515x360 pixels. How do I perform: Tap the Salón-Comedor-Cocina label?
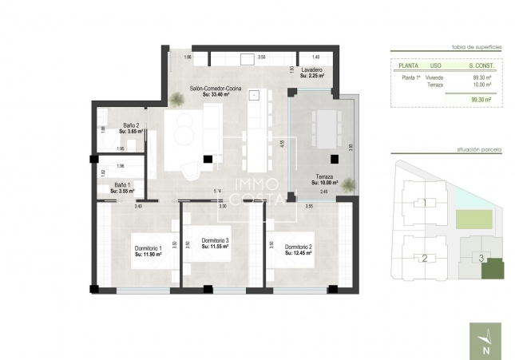coord(210,88)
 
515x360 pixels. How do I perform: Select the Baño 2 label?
coord(132,125)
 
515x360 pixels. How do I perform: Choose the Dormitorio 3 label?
coord(216,241)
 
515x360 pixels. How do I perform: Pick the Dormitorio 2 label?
coord(298,247)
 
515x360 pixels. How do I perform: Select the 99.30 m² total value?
coord(481,100)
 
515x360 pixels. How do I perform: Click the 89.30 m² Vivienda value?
coord(481,77)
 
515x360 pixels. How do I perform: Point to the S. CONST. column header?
coord(479,65)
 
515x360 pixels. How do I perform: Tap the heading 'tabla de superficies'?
coord(477,47)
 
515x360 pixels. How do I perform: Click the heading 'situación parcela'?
coord(477,149)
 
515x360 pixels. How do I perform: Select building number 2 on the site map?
coord(425,258)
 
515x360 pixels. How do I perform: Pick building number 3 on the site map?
coord(481,256)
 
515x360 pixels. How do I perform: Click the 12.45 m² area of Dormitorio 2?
coord(298,254)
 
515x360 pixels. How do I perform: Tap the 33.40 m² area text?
coord(210,94)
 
